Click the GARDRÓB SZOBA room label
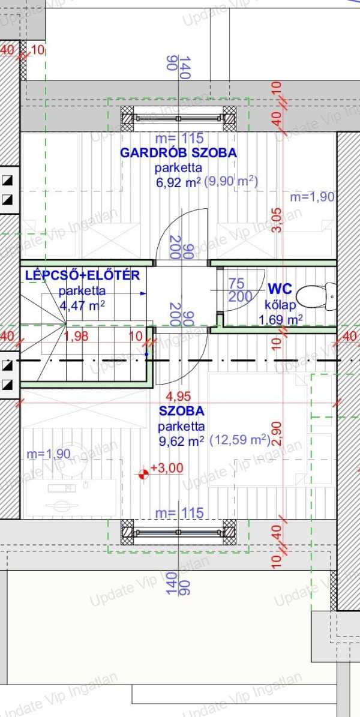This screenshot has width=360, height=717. [178, 153]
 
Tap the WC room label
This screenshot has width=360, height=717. [280, 289]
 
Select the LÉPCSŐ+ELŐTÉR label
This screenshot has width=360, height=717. [82, 276]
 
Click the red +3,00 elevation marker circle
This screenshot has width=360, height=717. [143, 475]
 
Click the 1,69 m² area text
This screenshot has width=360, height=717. [280, 320]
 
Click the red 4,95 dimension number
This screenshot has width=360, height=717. [178, 396]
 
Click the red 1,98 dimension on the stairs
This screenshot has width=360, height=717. [76, 337]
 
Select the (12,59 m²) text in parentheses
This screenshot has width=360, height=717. [240, 440]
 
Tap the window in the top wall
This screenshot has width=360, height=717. [178, 118]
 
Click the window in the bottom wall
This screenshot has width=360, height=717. [178, 532]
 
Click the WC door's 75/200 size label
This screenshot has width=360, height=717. [238, 290]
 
